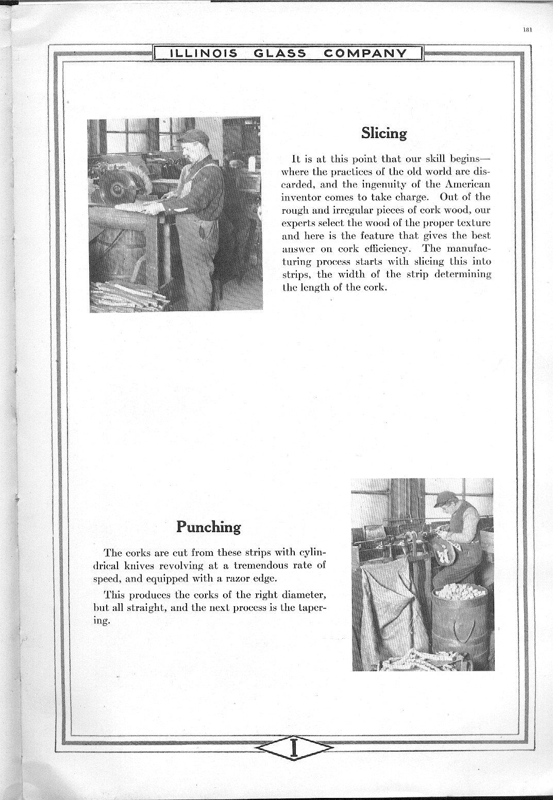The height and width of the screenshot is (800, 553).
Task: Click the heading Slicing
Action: (384, 133)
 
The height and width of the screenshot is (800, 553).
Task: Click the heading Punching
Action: (208, 527)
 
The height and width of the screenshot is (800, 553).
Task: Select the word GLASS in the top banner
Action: (280, 53)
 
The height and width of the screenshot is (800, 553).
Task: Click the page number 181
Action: (527, 29)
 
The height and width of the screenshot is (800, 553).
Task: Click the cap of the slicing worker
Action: (193, 136)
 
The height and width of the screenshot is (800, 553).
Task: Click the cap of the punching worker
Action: (445, 498)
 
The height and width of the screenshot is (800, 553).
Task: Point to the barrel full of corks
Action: (460, 626)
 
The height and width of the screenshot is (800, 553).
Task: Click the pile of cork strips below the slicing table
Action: (129, 298)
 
